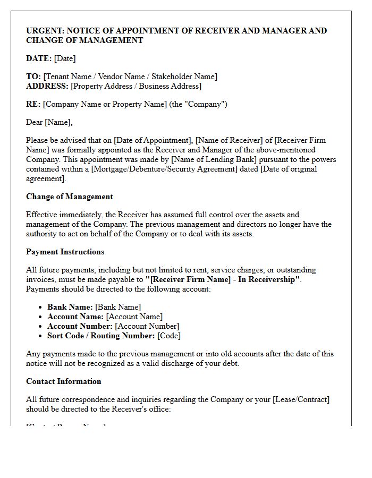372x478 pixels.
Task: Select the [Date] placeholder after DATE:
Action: [65, 58]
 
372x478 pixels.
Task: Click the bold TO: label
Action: [33, 76]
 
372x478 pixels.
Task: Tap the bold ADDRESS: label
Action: [47, 86]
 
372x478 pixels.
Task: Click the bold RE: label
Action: [33, 104]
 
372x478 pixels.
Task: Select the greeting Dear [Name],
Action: [49, 122]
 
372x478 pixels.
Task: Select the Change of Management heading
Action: [70, 197]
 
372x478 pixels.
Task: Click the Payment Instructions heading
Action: [65, 252]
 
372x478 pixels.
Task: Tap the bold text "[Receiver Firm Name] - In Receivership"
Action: [223, 280]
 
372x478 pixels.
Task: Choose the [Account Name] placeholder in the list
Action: [134, 317]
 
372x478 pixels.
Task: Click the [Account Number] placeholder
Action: [147, 326]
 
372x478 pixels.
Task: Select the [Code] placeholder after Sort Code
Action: [169, 336]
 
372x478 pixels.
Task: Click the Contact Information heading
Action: [63, 381]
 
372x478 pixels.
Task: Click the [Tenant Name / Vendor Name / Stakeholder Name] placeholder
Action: [130, 76]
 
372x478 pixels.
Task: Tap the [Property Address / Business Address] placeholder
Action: [136, 86]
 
